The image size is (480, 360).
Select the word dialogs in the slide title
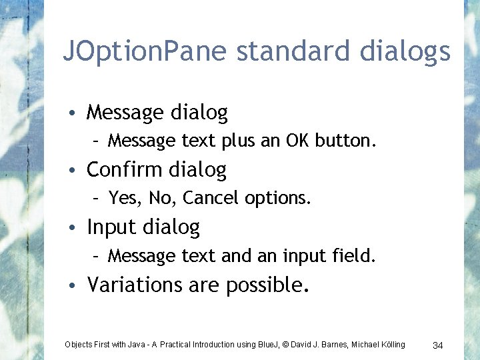[406, 52]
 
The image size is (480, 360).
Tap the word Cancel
[211, 198]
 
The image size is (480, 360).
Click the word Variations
[135, 285]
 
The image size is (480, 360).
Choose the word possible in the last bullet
[267, 285]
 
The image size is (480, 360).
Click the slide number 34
[438, 345]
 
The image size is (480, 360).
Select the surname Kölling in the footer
[391, 345]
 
